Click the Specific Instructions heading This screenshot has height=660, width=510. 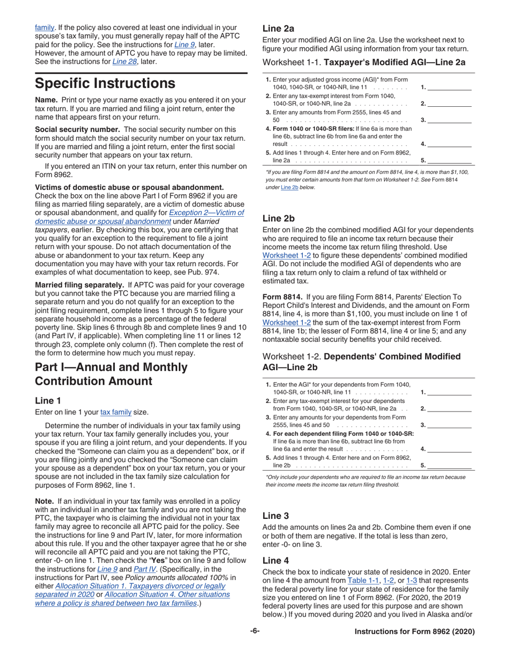(x=105, y=84)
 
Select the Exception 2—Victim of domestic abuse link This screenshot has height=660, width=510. (x=206, y=212)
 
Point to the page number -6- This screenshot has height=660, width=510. (x=254, y=632)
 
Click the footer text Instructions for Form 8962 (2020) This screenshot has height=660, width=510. (x=414, y=632)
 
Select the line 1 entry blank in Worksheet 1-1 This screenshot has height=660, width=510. (x=449, y=87)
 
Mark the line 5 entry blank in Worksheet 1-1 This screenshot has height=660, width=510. (x=449, y=160)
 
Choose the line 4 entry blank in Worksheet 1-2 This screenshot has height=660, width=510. (x=449, y=449)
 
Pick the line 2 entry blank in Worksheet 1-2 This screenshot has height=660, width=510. (x=449, y=408)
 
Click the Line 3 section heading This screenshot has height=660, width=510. (x=276, y=516)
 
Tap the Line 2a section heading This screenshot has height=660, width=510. (x=278, y=28)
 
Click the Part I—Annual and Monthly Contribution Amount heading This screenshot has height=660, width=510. (x=111, y=374)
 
